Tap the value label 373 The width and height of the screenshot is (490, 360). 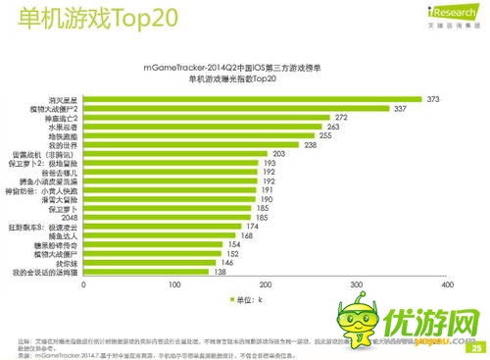[x=432, y=99]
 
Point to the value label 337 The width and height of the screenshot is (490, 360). [x=400, y=108]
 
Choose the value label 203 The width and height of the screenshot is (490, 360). [x=278, y=154]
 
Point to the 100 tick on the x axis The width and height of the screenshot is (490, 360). [x=175, y=285]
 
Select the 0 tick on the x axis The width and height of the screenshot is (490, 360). [x=85, y=285]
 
